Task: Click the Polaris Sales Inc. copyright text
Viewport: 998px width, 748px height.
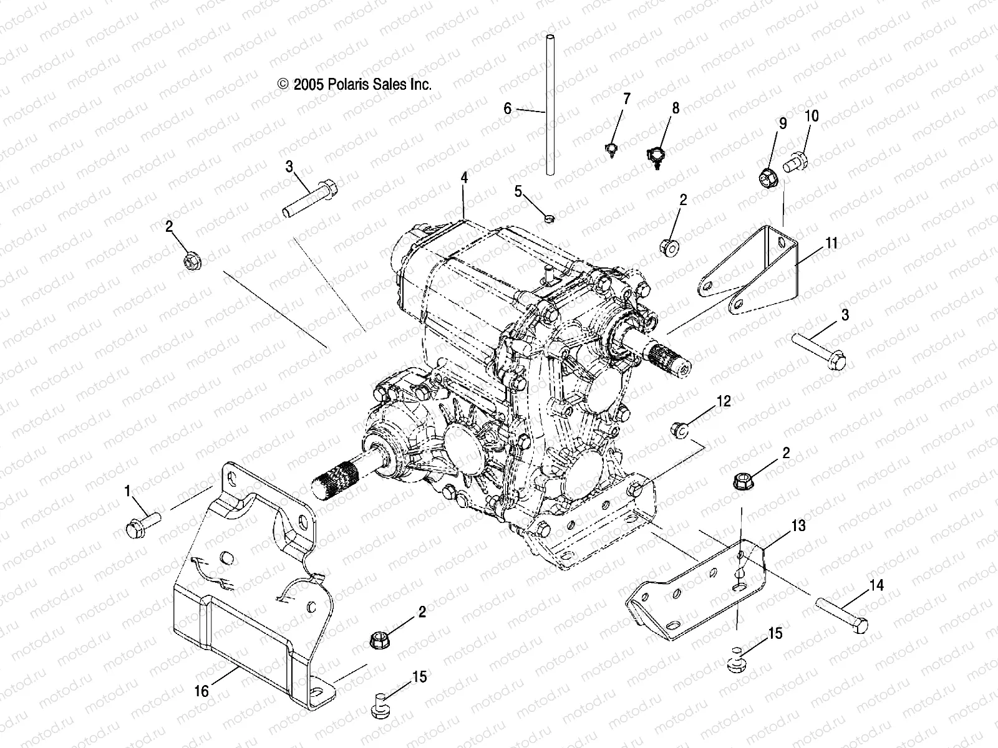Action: pyautogui.click(x=354, y=85)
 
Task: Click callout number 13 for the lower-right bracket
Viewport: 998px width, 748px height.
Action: pyautogui.click(x=798, y=526)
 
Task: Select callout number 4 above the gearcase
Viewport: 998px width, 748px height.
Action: pyautogui.click(x=463, y=178)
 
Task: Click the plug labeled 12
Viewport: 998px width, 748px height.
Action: pyautogui.click(x=679, y=429)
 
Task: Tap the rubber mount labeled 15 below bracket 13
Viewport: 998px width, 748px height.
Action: pyautogui.click(x=737, y=663)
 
